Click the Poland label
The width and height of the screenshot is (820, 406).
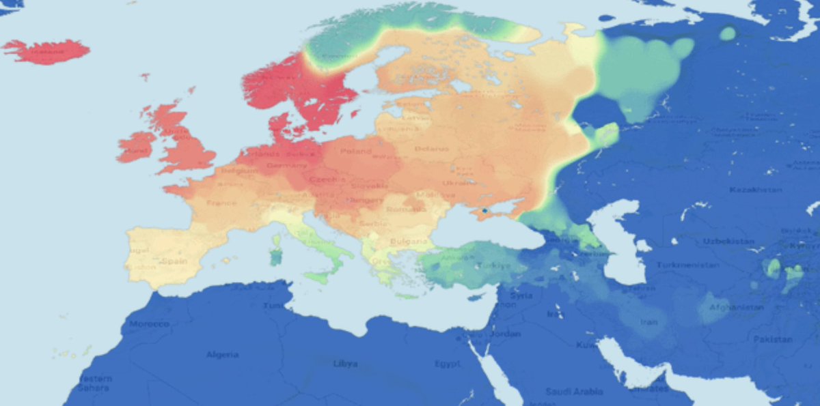[x=356, y=151]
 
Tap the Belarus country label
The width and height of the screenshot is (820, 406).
[x=430, y=149]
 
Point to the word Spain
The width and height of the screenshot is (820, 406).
[x=174, y=261]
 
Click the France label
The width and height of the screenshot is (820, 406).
[x=221, y=203]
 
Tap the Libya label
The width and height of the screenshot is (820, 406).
[x=345, y=364]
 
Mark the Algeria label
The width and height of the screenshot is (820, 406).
[x=223, y=354]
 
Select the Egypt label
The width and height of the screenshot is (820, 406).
[x=447, y=364]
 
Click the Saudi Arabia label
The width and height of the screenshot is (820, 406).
[x=573, y=392]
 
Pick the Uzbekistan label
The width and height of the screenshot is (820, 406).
[x=729, y=242]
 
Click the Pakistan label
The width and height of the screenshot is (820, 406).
[x=773, y=339]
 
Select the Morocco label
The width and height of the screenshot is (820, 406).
[x=149, y=323]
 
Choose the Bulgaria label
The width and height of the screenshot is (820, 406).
[x=409, y=242]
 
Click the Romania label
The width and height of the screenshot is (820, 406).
[x=402, y=209]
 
